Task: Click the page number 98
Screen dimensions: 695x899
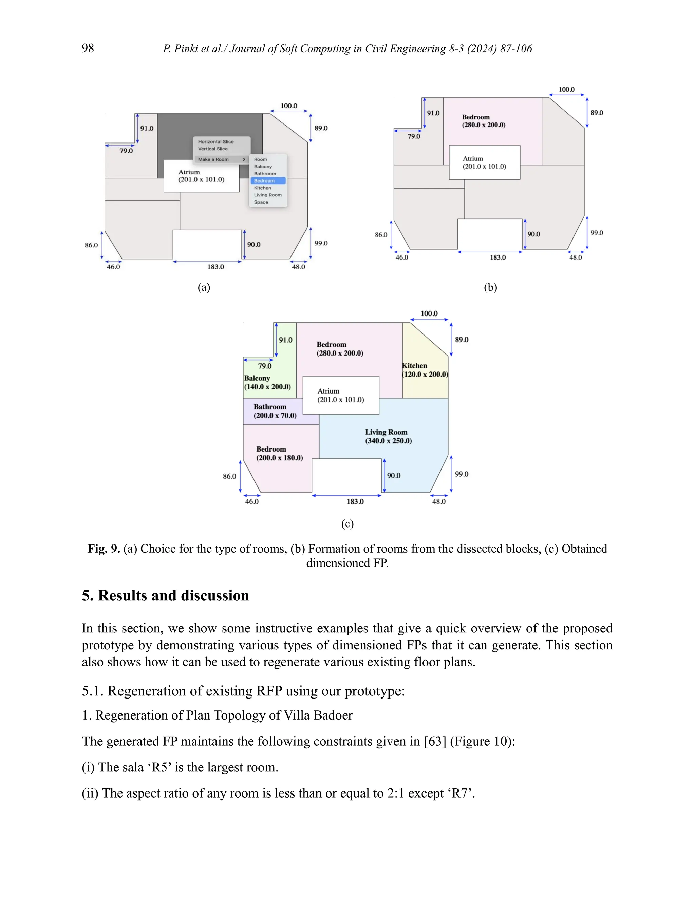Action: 88,48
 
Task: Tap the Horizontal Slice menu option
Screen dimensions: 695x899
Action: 216,141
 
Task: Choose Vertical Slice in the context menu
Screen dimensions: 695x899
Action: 213,149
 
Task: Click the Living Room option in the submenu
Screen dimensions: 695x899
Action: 268,195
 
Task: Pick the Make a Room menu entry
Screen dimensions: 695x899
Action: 213,159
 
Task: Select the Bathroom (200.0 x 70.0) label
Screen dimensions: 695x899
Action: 275,411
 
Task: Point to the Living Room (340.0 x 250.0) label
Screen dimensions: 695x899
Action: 388,436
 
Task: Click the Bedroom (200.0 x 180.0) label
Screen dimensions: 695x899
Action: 279,453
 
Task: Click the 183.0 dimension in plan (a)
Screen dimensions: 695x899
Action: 215,267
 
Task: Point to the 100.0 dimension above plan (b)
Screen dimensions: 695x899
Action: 566,89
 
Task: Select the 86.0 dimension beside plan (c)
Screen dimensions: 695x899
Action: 229,476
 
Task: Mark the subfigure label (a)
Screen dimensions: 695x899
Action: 204,287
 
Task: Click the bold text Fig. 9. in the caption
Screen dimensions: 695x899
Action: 104,549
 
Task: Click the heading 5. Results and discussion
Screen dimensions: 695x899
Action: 165,596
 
